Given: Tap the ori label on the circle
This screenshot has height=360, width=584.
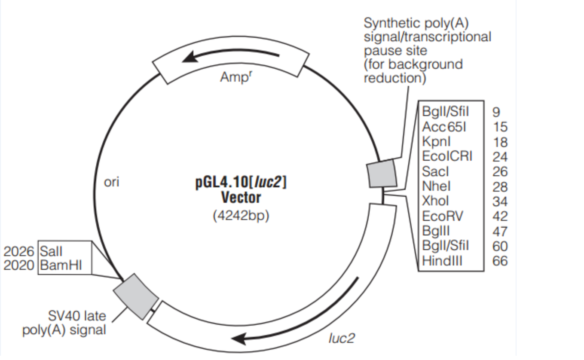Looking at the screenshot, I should [x=111, y=182].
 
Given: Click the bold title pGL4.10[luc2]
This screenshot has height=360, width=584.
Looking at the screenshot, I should [x=241, y=183].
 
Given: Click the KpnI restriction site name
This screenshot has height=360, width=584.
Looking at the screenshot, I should [x=437, y=141].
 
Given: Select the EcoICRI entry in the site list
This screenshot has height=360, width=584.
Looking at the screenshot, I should [x=446, y=156].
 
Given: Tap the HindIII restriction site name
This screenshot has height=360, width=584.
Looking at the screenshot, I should [x=442, y=261].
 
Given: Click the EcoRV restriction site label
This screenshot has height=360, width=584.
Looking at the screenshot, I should [x=443, y=216].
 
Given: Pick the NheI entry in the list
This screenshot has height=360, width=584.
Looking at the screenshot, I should [x=437, y=186].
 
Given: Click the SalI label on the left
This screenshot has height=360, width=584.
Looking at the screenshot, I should [x=51, y=250].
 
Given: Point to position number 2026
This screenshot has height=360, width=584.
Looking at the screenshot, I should [x=19, y=250].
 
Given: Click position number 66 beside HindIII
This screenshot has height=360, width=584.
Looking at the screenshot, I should [x=500, y=261].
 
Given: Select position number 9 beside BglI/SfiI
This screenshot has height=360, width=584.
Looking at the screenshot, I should [x=496, y=112].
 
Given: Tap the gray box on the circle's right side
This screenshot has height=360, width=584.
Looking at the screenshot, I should [x=382, y=174].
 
